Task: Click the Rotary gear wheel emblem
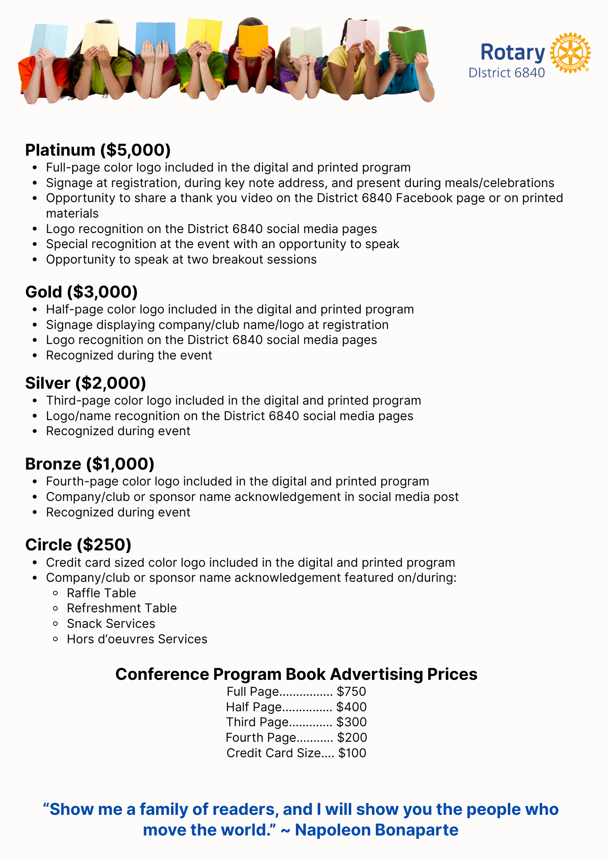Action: (x=570, y=53)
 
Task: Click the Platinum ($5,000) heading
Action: (x=98, y=150)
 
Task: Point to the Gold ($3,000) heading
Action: (x=82, y=292)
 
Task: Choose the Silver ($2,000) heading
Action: (x=86, y=383)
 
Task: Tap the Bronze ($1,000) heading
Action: (x=90, y=464)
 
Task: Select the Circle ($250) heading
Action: (x=78, y=545)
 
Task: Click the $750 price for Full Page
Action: (x=351, y=691)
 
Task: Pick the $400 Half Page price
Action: (x=351, y=707)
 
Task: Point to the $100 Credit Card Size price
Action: (x=352, y=753)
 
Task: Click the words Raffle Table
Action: (x=101, y=593)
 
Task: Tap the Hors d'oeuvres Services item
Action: (x=137, y=639)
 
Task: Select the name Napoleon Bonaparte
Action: (x=377, y=830)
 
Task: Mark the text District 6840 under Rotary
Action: (x=507, y=73)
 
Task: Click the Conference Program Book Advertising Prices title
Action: (x=296, y=674)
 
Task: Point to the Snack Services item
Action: (x=111, y=623)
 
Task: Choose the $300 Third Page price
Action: (x=351, y=722)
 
